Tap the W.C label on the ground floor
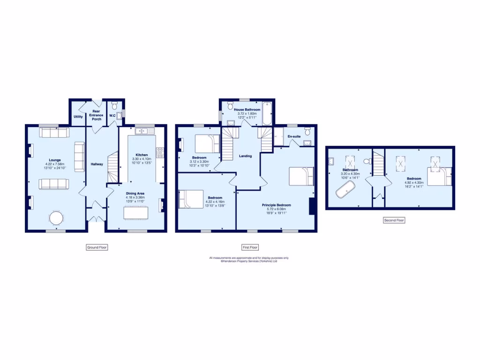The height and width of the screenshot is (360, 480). coord(112,115)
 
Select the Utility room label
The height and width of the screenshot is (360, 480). coord(78,116)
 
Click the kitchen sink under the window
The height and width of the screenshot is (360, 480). coord(142,131)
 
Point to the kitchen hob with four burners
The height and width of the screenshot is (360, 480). coord(159,152)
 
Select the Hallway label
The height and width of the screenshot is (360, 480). coord(97,164)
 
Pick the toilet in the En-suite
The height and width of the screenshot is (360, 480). coord(307,131)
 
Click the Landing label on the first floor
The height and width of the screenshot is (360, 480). coord(245,156)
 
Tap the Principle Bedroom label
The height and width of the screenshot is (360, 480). coord(276,205)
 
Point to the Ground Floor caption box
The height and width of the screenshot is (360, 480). coord(97,247)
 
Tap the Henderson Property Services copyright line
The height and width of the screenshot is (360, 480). coord(249,261)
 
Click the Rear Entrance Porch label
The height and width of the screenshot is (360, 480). coord(97,115)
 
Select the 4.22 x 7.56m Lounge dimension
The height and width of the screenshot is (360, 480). coord(55,164)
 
